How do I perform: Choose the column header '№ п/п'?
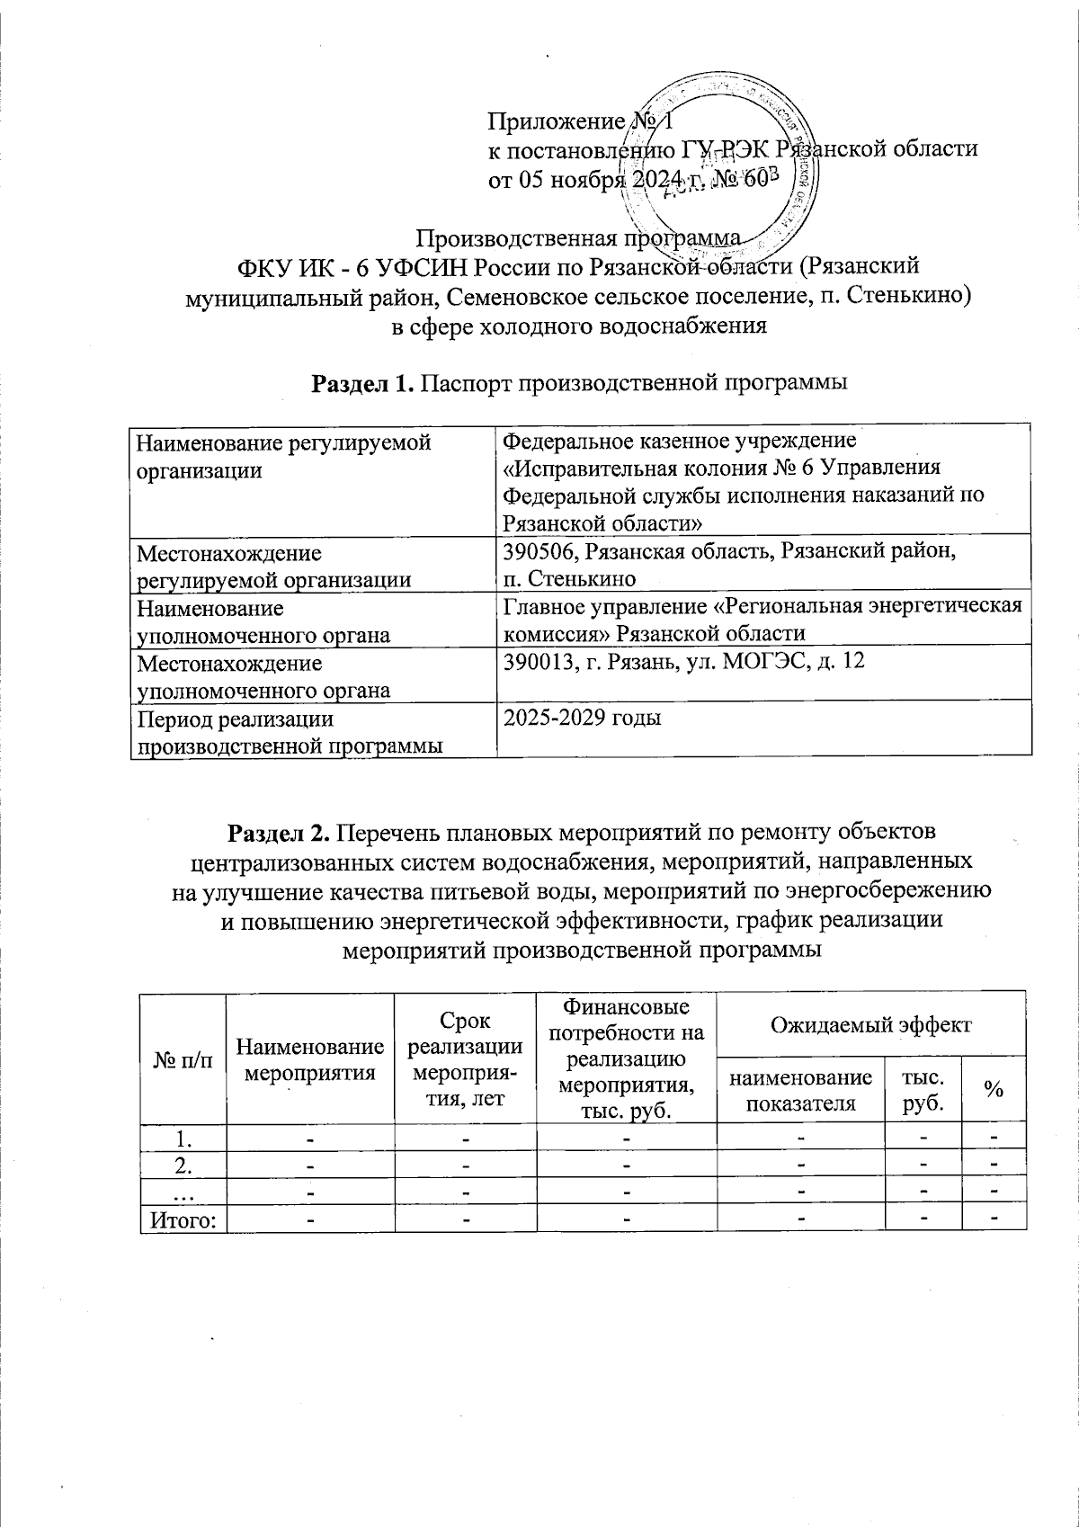(183, 1060)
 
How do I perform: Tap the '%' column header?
(993, 1089)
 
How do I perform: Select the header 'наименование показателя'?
(800, 1090)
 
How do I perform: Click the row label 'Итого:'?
(183, 1219)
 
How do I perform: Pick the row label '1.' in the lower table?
(183, 1138)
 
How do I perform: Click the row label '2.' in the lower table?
(183, 1165)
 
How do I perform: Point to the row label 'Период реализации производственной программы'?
(288, 731)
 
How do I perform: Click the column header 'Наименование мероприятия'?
(309, 1059)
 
